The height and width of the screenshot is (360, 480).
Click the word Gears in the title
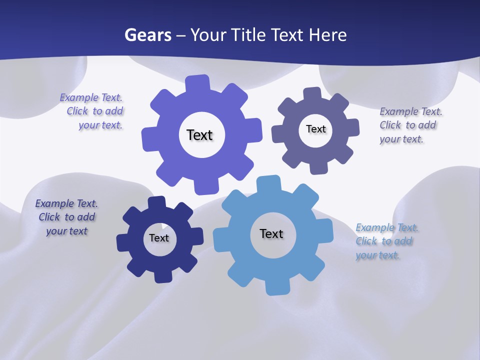148,35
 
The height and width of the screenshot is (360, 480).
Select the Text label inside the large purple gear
199,135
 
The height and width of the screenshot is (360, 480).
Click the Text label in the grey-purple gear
315,129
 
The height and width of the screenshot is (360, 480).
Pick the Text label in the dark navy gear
159,238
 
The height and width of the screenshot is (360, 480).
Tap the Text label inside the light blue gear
271,233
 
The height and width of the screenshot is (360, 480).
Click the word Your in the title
209,35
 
